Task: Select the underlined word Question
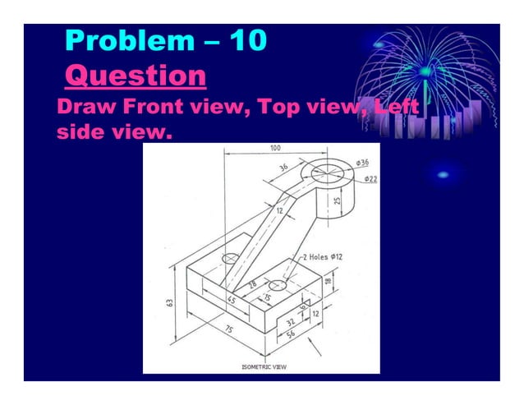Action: point(135,77)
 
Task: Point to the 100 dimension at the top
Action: point(274,149)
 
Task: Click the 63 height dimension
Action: point(169,302)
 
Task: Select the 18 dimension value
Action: point(329,282)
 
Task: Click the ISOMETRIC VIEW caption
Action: point(264,366)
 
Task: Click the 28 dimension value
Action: point(252,283)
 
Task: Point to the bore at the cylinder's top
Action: point(328,173)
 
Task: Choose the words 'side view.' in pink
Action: point(115,131)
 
